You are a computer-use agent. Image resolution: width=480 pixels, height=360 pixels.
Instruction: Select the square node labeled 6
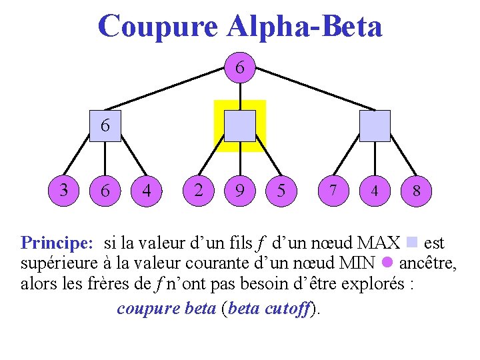point(105,126)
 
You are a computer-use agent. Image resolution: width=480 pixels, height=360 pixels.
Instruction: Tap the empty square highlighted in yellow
point(239,126)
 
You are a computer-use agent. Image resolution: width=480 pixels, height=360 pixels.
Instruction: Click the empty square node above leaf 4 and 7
point(375,126)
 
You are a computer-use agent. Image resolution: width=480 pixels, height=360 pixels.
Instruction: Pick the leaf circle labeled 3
point(64,190)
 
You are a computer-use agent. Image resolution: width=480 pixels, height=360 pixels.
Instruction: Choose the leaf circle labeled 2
point(198,190)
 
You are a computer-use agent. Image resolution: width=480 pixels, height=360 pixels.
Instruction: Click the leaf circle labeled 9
point(239,191)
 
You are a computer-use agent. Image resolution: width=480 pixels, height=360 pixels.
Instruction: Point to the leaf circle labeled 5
point(281,191)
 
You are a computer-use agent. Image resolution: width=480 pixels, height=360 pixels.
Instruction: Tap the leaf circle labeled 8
point(416,191)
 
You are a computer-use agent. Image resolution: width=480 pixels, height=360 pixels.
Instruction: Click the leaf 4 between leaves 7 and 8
point(375,191)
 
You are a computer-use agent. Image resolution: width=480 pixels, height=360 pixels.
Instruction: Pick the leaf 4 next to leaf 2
point(147,191)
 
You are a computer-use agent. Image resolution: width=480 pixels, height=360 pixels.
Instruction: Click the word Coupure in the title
point(157,27)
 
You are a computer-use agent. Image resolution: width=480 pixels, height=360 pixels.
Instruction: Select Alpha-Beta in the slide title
point(305,27)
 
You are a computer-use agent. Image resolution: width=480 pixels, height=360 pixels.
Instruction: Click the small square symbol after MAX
point(411,241)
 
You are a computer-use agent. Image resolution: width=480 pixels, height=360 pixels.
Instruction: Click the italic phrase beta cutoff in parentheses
point(270,309)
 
